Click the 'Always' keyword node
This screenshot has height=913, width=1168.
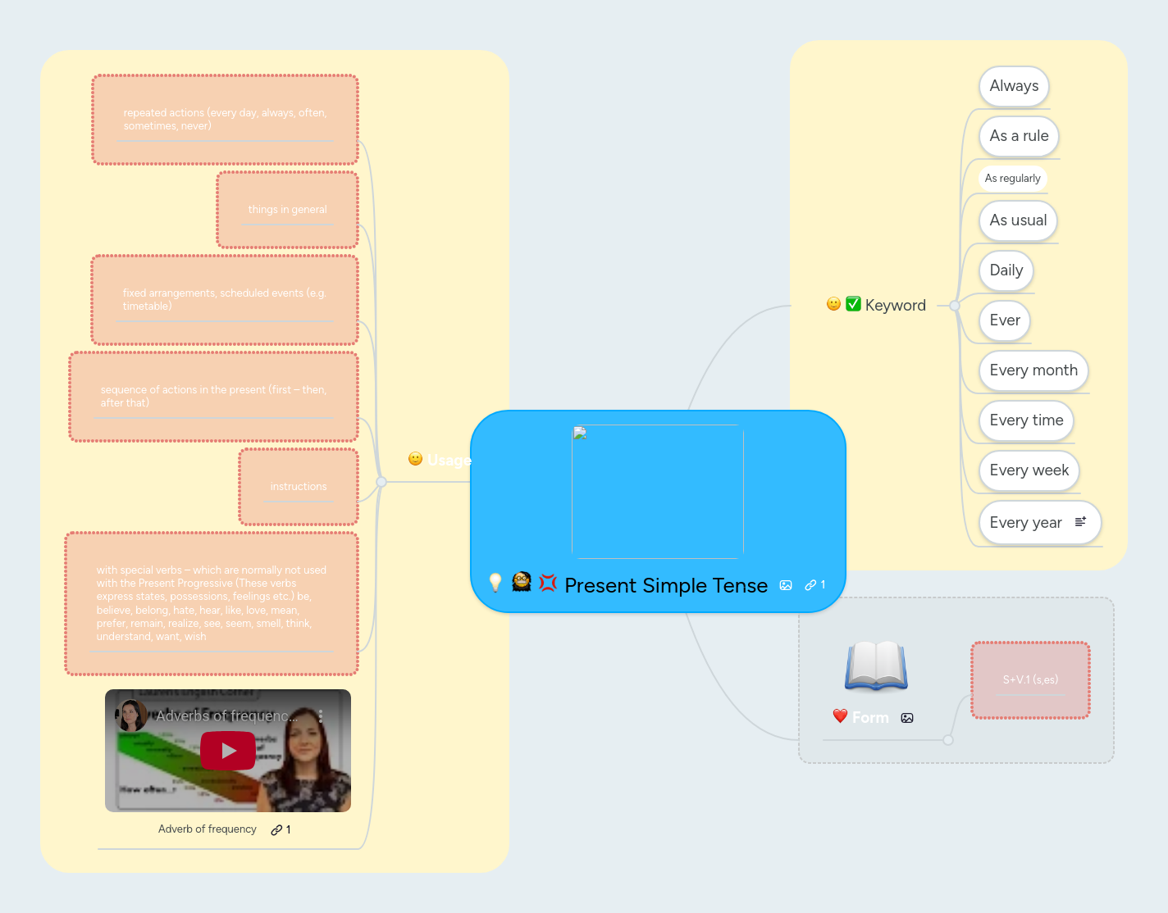[x=1014, y=86]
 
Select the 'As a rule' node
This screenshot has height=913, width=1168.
[x=1019, y=136]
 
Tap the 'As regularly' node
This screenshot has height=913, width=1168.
[x=1012, y=179]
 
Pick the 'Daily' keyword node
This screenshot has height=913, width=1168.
[x=1006, y=270]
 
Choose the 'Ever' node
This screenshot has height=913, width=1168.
[x=1005, y=320]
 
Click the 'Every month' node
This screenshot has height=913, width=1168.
[x=1033, y=370]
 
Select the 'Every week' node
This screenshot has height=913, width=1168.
[x=1029, y=470]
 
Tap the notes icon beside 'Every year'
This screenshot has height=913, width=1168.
[x=1080, y=521]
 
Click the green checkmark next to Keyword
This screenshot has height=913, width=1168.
[x=853, y=304]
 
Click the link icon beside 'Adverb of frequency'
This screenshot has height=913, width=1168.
[x=277, y=830]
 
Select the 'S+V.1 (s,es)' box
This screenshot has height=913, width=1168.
[x=1030, y=680]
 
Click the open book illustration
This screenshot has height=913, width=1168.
[x=876, y=665]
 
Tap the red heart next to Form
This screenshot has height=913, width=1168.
[x=840, y=716]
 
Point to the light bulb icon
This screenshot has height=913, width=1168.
[x=495, y=583]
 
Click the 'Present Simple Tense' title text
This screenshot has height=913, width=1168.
[x=666, y=586]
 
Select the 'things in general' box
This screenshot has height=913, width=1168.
[x=287, y=210]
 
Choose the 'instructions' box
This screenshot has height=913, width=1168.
[x=299, y=487]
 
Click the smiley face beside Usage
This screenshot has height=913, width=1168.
[x=416, y=459]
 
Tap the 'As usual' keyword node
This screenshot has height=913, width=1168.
[x=1018, y=220]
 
